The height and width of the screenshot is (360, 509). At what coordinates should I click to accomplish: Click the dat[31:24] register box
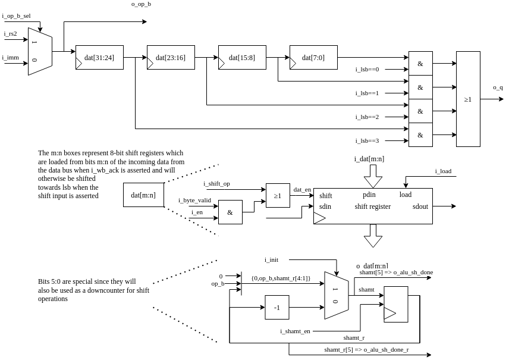point(99,58)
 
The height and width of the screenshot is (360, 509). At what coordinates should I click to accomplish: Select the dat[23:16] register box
point(171,58)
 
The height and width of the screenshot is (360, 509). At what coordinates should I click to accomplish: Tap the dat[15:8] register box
point(242,58)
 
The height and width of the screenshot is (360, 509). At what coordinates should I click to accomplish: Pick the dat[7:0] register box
point(313,58)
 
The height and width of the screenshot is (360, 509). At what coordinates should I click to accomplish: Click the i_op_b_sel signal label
point(16,16)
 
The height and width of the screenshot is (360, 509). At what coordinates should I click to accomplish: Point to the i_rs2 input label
point(11,34)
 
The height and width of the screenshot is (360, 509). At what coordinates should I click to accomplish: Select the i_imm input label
point(10,58)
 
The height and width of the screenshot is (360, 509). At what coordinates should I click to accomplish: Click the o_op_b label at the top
point(141,4)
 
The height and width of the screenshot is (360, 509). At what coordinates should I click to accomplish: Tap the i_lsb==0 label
point(367,70)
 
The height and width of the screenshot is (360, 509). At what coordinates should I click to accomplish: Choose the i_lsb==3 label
point(367,141)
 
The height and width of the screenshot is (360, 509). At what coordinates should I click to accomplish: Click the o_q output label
point(498,87)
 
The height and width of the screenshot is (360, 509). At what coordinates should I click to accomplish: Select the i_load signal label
point(443,171)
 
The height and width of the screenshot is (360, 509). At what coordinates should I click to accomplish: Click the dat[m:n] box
point(143,195)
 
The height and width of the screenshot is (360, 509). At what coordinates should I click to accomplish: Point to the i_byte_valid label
point(194,201)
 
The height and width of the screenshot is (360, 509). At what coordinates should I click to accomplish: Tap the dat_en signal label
point(302,190)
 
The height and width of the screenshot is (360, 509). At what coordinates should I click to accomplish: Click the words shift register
point(373,207)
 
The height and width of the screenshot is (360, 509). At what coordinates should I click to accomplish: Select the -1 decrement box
point(277,308)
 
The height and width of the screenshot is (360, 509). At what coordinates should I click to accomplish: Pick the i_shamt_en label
point(295,331)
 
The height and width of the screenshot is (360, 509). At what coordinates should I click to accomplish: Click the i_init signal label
point(271,260)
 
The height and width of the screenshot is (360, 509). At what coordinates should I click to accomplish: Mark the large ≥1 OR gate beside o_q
point(468,99)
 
